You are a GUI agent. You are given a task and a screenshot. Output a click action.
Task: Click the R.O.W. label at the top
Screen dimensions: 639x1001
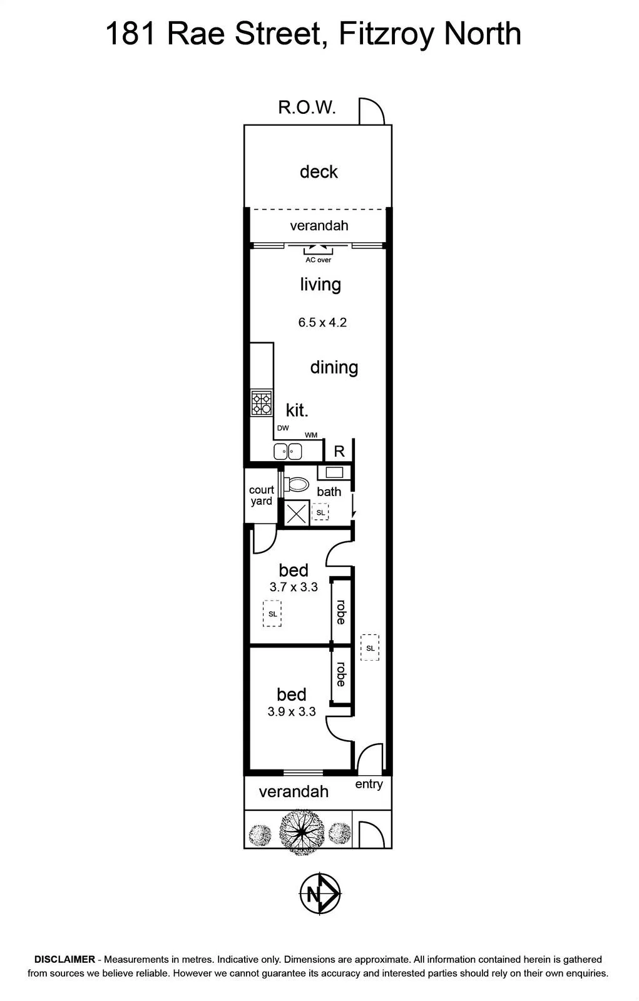coord(306,107)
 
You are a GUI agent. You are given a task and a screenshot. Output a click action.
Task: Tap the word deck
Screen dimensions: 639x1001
coord(319,171)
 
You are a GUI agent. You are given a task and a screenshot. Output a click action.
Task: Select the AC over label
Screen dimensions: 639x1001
coord(318,260)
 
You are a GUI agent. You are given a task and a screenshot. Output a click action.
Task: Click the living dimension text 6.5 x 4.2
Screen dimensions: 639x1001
coord(322,322)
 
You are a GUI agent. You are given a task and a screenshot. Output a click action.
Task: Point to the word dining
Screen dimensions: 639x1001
coord(334,368)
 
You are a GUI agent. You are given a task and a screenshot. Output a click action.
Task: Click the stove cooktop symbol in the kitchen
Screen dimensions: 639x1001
coord(262,402)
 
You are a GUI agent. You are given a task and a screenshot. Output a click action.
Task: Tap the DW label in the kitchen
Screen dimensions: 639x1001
coord(283,428)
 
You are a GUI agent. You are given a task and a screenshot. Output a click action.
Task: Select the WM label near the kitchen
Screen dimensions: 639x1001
coord(311,435)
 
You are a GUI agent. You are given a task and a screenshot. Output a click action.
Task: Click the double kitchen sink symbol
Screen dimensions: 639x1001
coord(287,451)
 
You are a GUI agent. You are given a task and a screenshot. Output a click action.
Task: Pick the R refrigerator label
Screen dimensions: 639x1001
coord(339,452)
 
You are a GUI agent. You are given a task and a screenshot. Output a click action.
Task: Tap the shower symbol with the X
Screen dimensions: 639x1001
coord(297,512)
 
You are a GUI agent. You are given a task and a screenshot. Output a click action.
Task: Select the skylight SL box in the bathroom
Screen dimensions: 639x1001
coord(320,512)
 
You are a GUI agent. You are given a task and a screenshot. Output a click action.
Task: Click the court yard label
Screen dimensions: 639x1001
coord(261,495)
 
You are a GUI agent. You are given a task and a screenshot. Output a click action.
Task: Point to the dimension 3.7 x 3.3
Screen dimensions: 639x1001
coord(294,587)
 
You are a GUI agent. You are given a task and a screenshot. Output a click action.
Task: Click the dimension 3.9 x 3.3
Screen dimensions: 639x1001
coord(292,711)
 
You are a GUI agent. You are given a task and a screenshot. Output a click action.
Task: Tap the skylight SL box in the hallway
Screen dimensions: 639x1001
coord(370,648)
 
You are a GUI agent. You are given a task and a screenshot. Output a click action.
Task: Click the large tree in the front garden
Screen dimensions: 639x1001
coord(302,832)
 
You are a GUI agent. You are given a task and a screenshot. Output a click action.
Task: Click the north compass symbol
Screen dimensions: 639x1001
coord(320,894)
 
